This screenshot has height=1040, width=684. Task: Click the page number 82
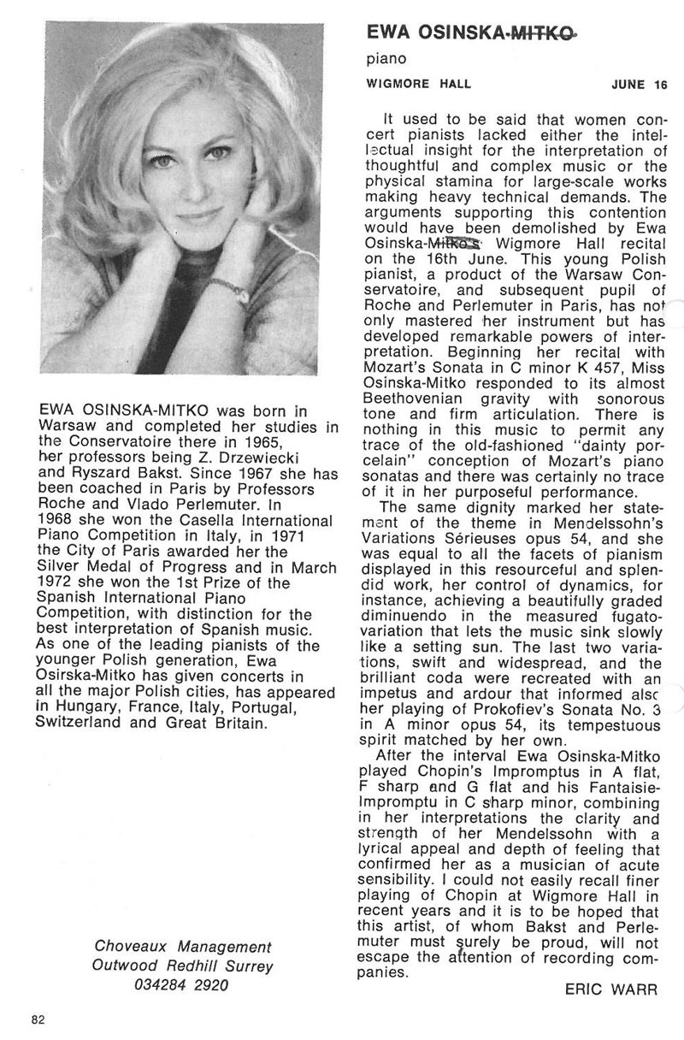[x=38, y=1019]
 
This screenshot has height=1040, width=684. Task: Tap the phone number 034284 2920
[x=183, y=984]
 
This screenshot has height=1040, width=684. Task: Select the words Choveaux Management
[x=183, y=948]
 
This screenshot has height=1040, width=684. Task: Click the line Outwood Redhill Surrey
[x=183, y=966]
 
